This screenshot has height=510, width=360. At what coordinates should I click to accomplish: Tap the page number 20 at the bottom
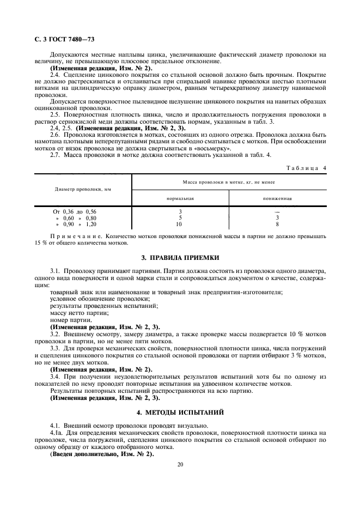tap(180, 464)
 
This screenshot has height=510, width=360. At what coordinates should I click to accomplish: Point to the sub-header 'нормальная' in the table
tap(180, 199)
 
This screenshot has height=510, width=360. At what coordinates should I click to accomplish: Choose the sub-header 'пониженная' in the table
tap(277, 199)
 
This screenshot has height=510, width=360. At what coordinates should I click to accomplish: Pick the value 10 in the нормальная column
tap(179, 223)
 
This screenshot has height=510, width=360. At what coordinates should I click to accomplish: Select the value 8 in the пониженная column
tap(277, 223)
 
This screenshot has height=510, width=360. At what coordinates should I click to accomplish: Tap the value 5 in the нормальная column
tap(179, 217)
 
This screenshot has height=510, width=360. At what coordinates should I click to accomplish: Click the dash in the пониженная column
tap(277, 211)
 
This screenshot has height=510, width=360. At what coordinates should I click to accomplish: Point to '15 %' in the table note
tap(41, 242)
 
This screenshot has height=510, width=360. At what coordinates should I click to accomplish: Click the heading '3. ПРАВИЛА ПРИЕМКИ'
tap(180, 257)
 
